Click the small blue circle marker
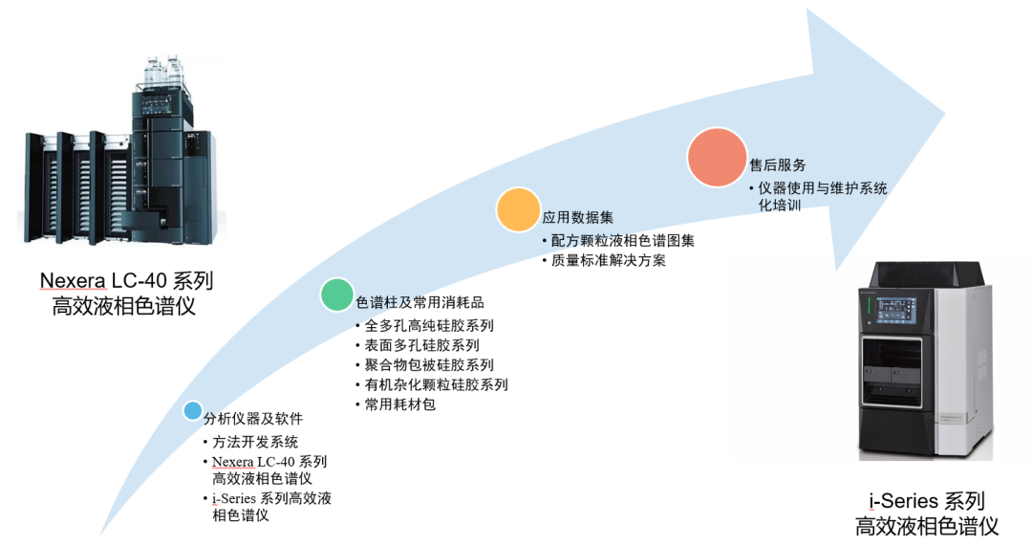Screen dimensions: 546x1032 pyautogui.click(x=192, y=412)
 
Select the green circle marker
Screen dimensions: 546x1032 pyautogui.click(x=336, y=295)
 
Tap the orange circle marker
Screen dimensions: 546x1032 pyautogui.click(x=518, y=209)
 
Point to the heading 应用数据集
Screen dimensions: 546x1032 pyautogui.click(x=572, y=217)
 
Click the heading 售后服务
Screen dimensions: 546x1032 pyautogui.click(x=777, y=164)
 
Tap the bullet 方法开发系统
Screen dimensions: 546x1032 pyautogui.click(x=255, y=442)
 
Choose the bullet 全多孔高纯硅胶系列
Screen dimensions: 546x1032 pyautogui.click(x=429, y=325)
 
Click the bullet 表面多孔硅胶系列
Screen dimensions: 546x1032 pyautogui.click(x=421, y=345)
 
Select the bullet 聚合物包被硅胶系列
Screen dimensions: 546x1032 pyautogui.click(x=429, y=365)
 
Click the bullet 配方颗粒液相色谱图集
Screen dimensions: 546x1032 pyautogui.click(x=622, y=240)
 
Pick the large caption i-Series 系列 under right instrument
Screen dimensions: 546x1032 pyautogui.click(x=926, y=500)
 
